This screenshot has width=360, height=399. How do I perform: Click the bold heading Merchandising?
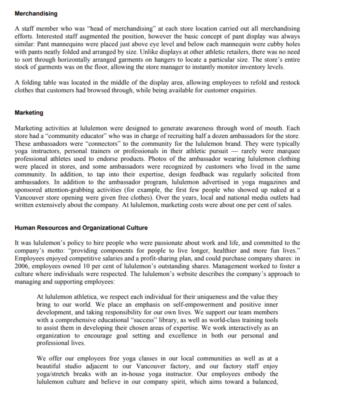click(x=36, y=14)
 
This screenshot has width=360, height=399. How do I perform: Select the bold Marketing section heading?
click(x=29, y=113)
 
